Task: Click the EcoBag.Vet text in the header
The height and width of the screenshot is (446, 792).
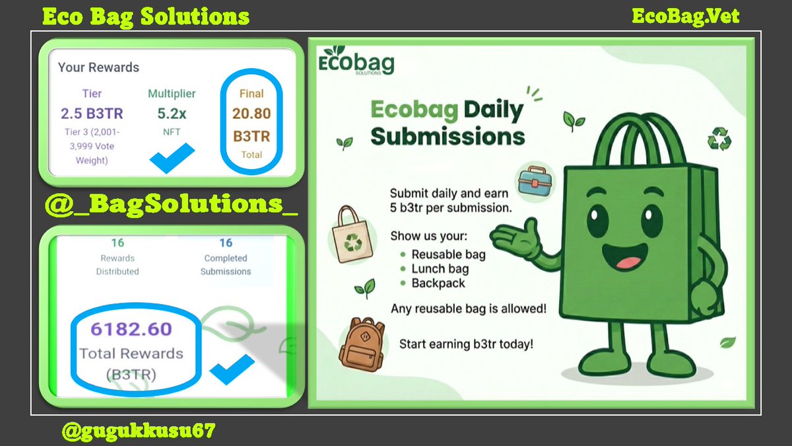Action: [x=685, y=15]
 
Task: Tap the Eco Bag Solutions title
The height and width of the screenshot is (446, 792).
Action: [x=146, y=16]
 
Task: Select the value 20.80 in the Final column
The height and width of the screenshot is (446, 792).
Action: [x=251, y=114]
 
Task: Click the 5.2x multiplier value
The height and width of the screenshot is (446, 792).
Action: [x=172, y=114]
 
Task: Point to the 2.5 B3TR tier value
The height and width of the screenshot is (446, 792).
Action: [x=92, y=114]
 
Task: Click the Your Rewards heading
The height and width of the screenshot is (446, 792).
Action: [x=98, y=67]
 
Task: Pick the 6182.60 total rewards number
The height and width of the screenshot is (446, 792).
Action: [x=131, y=329]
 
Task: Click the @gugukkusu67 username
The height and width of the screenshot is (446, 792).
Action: [x=138, y=431]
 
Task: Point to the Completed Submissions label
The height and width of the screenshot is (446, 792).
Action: [x=226, y=265]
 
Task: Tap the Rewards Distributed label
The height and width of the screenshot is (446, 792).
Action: [x=117, y=265]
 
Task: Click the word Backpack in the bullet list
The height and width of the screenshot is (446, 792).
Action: [x=438, y=283]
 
